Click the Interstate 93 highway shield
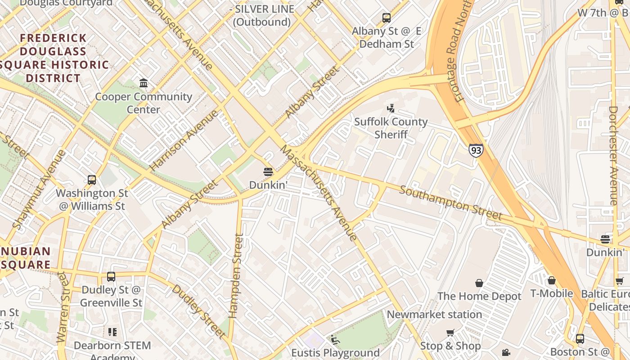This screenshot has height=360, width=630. pyautogui.click(x=476, y=150)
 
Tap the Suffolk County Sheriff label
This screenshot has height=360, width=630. pyautogui.click(x=391, y=128)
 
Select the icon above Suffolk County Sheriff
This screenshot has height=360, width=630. pyautogui.click(x=391, y=108)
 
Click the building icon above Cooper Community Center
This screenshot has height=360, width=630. pyautogui.click(x=144, y=83)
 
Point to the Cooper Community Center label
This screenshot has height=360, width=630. pyautogui.click(x=144, y=103)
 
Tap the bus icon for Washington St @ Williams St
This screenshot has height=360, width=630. pyautogui.click(x=92, y=180)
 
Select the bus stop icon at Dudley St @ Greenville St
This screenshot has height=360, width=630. pyautogui.click(x=111, y=277)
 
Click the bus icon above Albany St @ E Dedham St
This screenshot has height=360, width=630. pyautogui.click(x=387, y=18)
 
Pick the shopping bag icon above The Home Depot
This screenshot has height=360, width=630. pyautogui.click(x=479, y=283)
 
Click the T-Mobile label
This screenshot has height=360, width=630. pyautogui.click(x=551, y=293)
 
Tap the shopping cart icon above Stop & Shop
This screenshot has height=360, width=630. pyautogui.click(x=450, y=333)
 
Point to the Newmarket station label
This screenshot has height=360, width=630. pyautogui.click(x=434, y=314)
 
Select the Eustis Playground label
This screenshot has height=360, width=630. pyautogui.click(x=335, y=352)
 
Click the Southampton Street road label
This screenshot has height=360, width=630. pyautogui.click(x=450, y=203)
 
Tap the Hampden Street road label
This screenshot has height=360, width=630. pyautogui.click(x=236, y=275)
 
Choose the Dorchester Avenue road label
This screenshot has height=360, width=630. pyautogui.click(x=613, y=155)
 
